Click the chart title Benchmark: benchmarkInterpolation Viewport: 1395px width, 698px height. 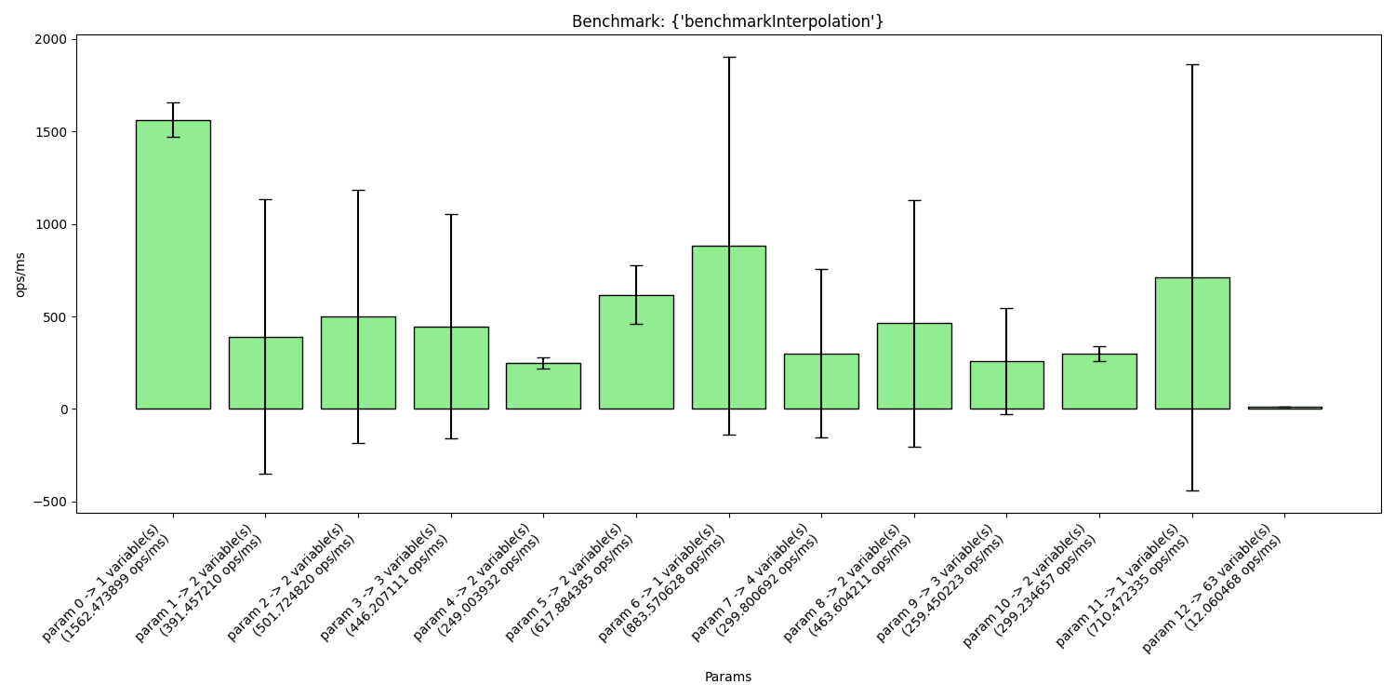(727, 21)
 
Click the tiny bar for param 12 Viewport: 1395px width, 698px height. (1284, 408)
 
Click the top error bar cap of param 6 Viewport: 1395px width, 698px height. (728, 58)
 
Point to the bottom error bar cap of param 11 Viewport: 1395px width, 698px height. (1191, 490)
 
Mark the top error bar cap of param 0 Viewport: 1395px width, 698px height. (173, 103)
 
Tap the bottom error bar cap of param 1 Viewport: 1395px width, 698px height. (265, 474)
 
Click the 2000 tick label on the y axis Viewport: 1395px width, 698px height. (51, 39)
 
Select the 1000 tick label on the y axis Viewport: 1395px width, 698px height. (51, 224)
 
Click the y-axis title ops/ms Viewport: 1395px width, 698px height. (20, 275)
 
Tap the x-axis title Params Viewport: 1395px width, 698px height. (727, 677)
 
